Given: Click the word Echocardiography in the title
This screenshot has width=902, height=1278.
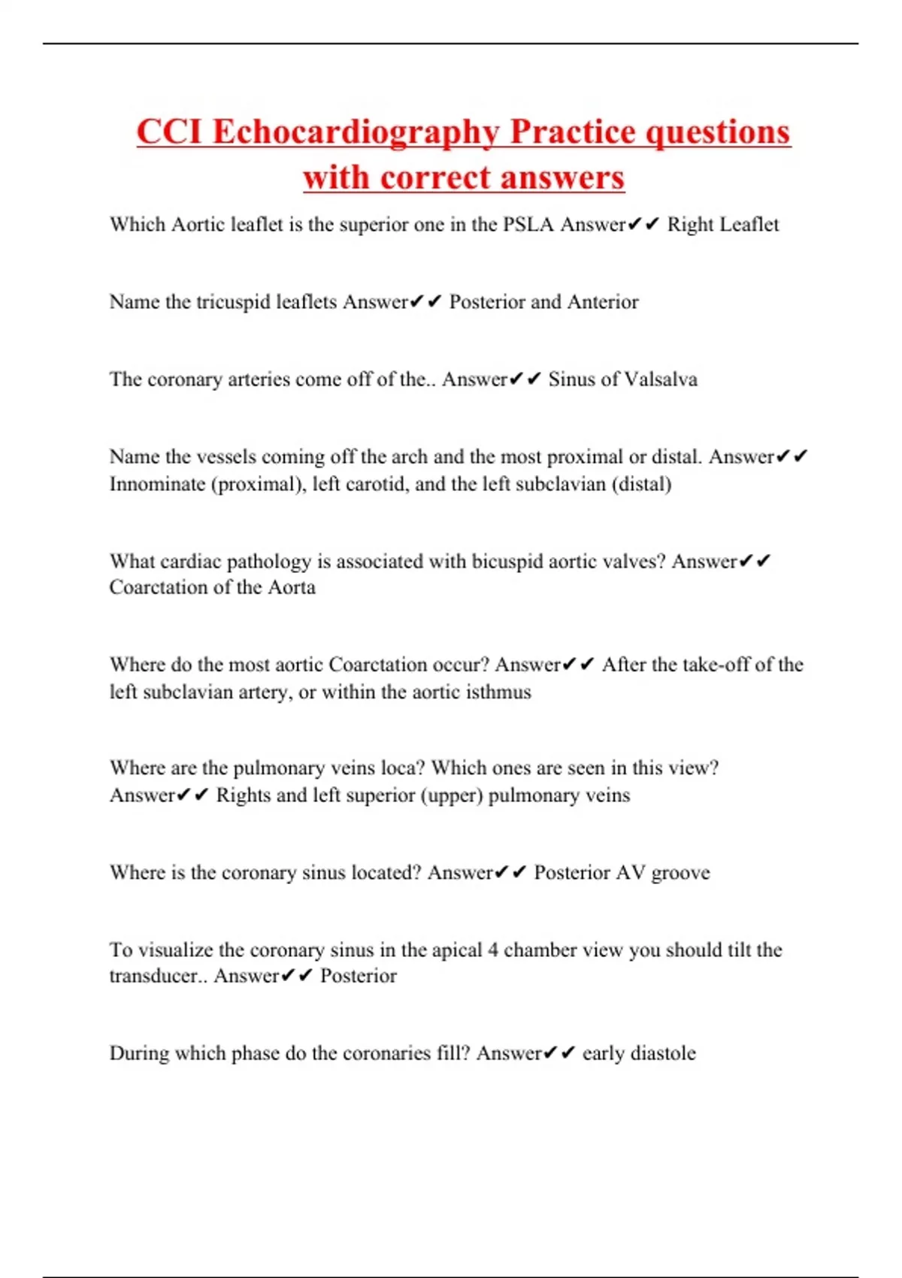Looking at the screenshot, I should point(356,132).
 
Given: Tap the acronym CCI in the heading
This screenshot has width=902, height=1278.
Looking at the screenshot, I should point(169,132).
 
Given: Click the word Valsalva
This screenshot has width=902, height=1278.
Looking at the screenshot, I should point(661,379).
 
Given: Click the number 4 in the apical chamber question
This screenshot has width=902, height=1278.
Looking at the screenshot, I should point(493,949).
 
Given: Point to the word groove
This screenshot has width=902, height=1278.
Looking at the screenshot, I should point(680,873).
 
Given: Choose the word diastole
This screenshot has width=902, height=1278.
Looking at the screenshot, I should point(663,1053).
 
